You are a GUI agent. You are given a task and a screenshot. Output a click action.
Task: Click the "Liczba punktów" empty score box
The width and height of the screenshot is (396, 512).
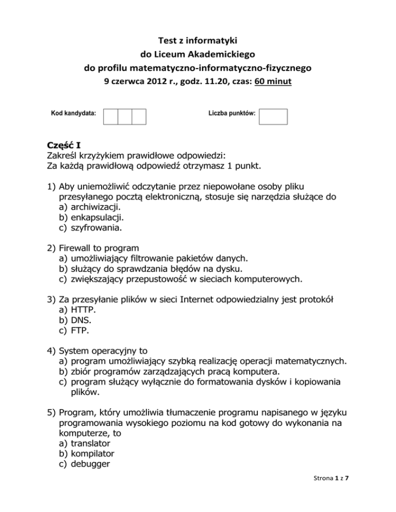click(273, 116)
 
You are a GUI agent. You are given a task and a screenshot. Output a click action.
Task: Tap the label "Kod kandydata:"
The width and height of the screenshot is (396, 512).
click(73, 112)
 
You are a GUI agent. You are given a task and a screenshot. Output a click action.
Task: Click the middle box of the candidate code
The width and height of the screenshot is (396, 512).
click(125, 116)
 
